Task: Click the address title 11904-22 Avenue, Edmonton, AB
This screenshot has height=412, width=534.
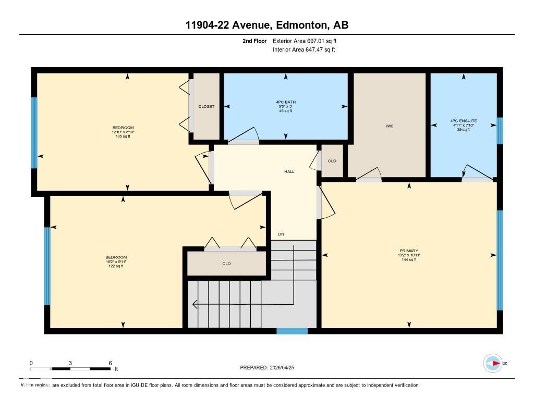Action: click(x=266, y=25)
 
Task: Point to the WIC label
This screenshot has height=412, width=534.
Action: click(x=389, y=126)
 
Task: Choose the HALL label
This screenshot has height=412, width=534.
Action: click(x=289, y=171)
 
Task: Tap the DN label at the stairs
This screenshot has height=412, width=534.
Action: click(x=281, y=234)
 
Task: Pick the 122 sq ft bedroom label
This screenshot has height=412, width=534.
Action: click(x=116, y=261)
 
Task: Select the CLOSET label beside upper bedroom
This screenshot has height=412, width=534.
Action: click(x=206, y=106)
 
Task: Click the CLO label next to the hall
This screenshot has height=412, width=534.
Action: click(x=332, y=161)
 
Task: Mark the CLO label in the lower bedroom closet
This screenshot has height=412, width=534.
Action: click(x=226, y=264)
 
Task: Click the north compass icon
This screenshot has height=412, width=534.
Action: click(x=493, y=363)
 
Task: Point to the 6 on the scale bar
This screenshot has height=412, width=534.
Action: click(x=110, y=363)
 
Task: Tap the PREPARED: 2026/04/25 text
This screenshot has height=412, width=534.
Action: click(x=271, y=368)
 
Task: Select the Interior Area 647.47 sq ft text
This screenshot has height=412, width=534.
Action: click(x=304, y=50)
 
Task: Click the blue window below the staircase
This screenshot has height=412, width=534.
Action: click(x=292, y=331)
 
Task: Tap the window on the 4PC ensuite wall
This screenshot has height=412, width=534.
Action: click(x=500, y=130)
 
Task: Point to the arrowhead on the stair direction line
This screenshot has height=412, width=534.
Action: click(x=195, y=304)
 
